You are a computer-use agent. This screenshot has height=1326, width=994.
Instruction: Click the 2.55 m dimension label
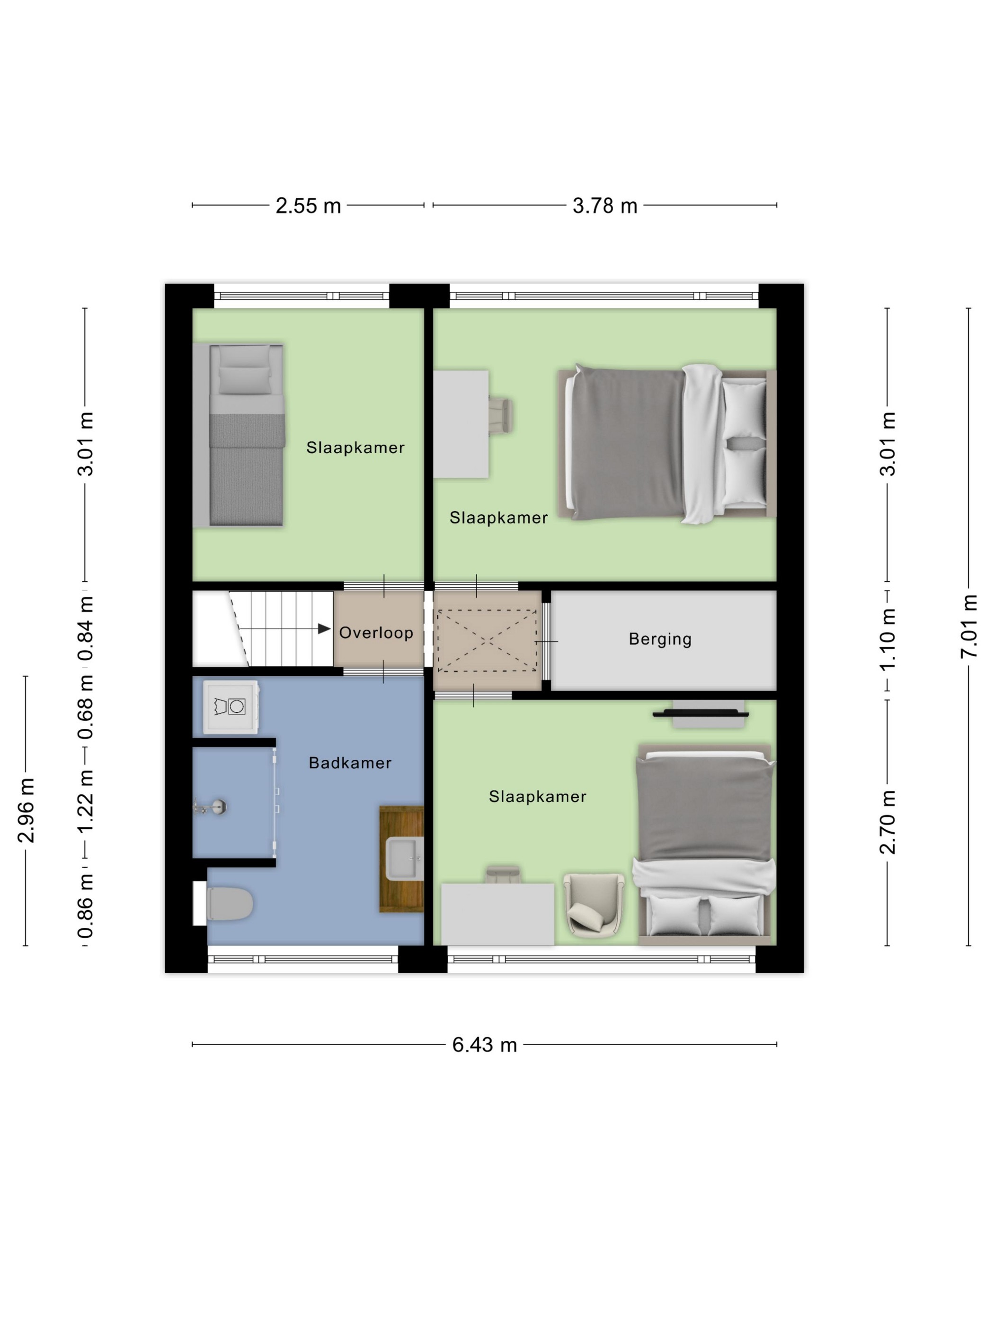[308, 206]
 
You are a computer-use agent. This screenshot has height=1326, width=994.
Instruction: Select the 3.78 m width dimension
[604, 206]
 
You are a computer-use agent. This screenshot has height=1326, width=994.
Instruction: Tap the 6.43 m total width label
[484, 1045]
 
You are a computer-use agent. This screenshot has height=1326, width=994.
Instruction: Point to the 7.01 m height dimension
[968, 626]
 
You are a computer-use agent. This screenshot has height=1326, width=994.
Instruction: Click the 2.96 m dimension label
[26, 810]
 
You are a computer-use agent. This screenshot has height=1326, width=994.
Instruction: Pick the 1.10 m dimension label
[887, 639]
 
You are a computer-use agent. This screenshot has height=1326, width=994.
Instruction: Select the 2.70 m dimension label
[887, 822]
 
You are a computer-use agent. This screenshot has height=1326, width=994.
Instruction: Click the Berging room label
[660, 639]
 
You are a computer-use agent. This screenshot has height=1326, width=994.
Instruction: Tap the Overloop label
[376, 632]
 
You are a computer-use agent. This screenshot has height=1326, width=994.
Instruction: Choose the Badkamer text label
[350, 762]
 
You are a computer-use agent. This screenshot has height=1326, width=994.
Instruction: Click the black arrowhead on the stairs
[324, 628]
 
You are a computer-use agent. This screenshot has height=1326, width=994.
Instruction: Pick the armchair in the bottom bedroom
[593, 905]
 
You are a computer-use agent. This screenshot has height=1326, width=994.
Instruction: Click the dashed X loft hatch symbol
[487, 641]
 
